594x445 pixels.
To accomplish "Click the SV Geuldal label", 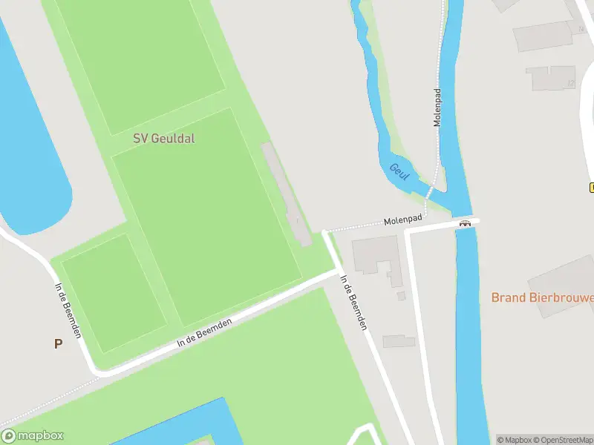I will coord(163,138).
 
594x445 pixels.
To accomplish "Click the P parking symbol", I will coord(58,343).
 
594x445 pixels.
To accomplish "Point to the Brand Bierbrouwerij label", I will coord(542,297).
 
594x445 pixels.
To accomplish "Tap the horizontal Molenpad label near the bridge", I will coord(403,220).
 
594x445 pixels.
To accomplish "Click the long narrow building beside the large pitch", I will coord(287,194).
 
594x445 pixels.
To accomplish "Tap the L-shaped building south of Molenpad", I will coord(376,256).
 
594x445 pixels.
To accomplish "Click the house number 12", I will coord(571,83).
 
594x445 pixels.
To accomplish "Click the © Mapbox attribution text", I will coord(513,440).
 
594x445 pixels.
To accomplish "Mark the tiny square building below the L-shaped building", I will coord(402,296).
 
